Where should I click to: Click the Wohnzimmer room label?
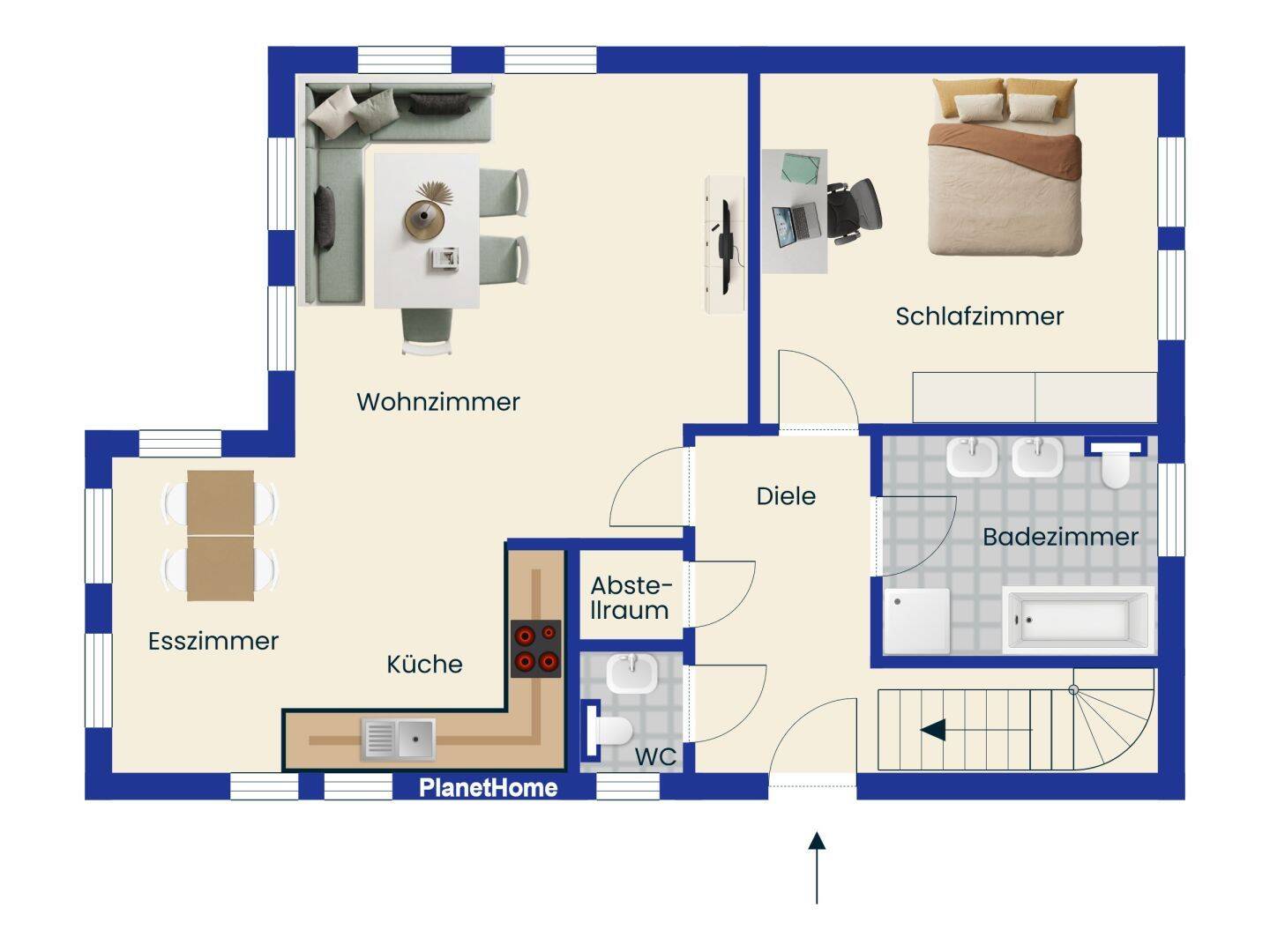[438, 402]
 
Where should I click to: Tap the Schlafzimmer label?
[980, 316]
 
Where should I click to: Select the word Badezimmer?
[1061, 537]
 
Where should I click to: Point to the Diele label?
[786, 496]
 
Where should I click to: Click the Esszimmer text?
[213, 641]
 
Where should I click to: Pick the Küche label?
[425, 664]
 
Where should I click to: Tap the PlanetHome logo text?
[488, 788]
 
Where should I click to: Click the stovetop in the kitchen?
[535, 649]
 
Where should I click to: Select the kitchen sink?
[398, 738]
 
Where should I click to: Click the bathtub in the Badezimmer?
[1078, 621]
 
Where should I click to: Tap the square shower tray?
[917, 621]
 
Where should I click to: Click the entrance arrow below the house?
[817, 867]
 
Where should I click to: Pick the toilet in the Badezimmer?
[1115, 465]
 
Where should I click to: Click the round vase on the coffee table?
[424, 219]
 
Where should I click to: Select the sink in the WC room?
[631, 673]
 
